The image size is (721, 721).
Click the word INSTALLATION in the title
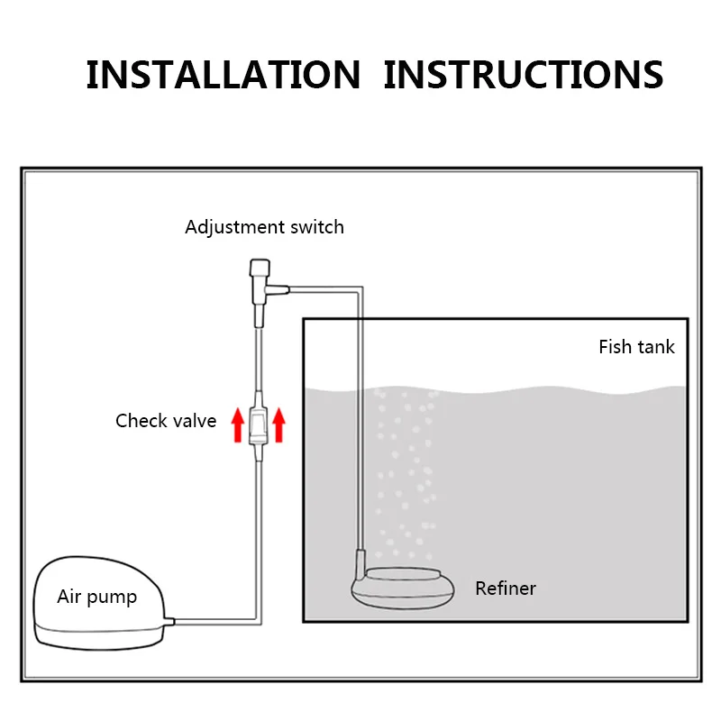(x=223, y=75)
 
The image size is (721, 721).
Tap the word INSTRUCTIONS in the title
(x=524, y=75)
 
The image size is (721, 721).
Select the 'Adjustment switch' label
(x=264, y=226)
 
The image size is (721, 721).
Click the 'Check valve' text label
(x=166, y=420)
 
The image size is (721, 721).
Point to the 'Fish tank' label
(x=636, y=346)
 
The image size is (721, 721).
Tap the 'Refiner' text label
(x=506, y=589)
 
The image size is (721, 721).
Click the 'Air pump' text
(x=96, y=597)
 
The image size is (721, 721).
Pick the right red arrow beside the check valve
(x=278, y=424)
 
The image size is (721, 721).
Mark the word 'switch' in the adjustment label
(x=316, y=226)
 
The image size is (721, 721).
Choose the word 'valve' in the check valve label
(x=193, y=420)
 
